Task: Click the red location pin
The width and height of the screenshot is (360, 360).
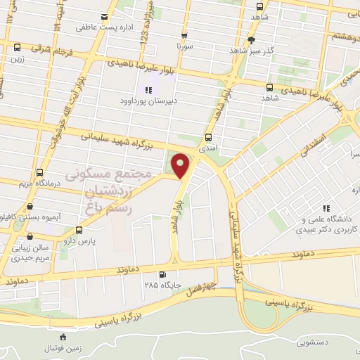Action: point(181,166)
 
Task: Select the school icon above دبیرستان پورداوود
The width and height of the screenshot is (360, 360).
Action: point(148,89)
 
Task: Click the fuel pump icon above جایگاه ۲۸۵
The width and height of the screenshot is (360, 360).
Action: point(163,274)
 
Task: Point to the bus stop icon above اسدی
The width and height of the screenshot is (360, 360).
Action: point(208,138)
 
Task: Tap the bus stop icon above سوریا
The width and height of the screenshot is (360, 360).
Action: point(184,35)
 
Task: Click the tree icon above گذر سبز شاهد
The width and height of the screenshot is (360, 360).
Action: point(252,40)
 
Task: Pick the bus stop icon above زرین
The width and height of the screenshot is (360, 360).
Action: point(16,47)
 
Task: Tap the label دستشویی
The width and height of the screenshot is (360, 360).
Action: point(313,343)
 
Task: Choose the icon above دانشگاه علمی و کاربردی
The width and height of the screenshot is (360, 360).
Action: point(326,208)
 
